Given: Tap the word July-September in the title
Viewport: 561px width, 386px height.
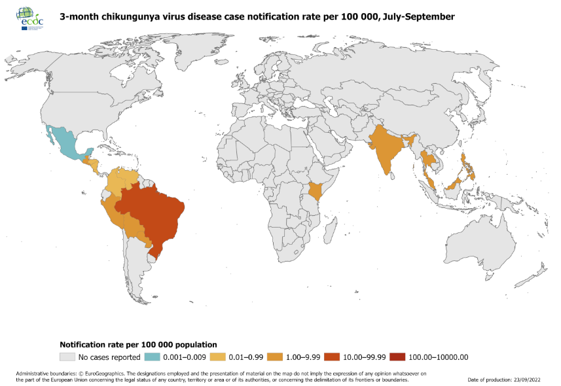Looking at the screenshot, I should [417, 16].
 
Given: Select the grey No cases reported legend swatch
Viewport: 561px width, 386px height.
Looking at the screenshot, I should [67, 357].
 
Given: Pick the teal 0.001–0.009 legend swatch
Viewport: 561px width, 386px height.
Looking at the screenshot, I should [152, 357].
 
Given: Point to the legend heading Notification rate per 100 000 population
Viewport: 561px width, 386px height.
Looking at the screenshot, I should [138, 344].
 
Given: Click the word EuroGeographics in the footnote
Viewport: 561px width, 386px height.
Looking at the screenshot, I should [90, 374].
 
